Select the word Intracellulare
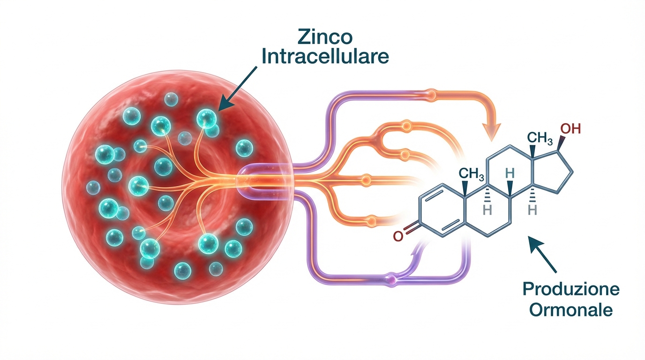click(325, 57)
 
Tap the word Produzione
click(571, 289)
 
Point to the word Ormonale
click(571, 310)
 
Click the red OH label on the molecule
click(571, 129)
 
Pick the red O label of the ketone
click(398, 236)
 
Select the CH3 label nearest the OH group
click(540, 139)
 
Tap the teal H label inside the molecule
click(510, 173)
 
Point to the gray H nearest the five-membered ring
click(532, 210)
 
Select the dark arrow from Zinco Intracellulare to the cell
click(237, 89)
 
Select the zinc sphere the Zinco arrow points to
click(206, 119)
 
